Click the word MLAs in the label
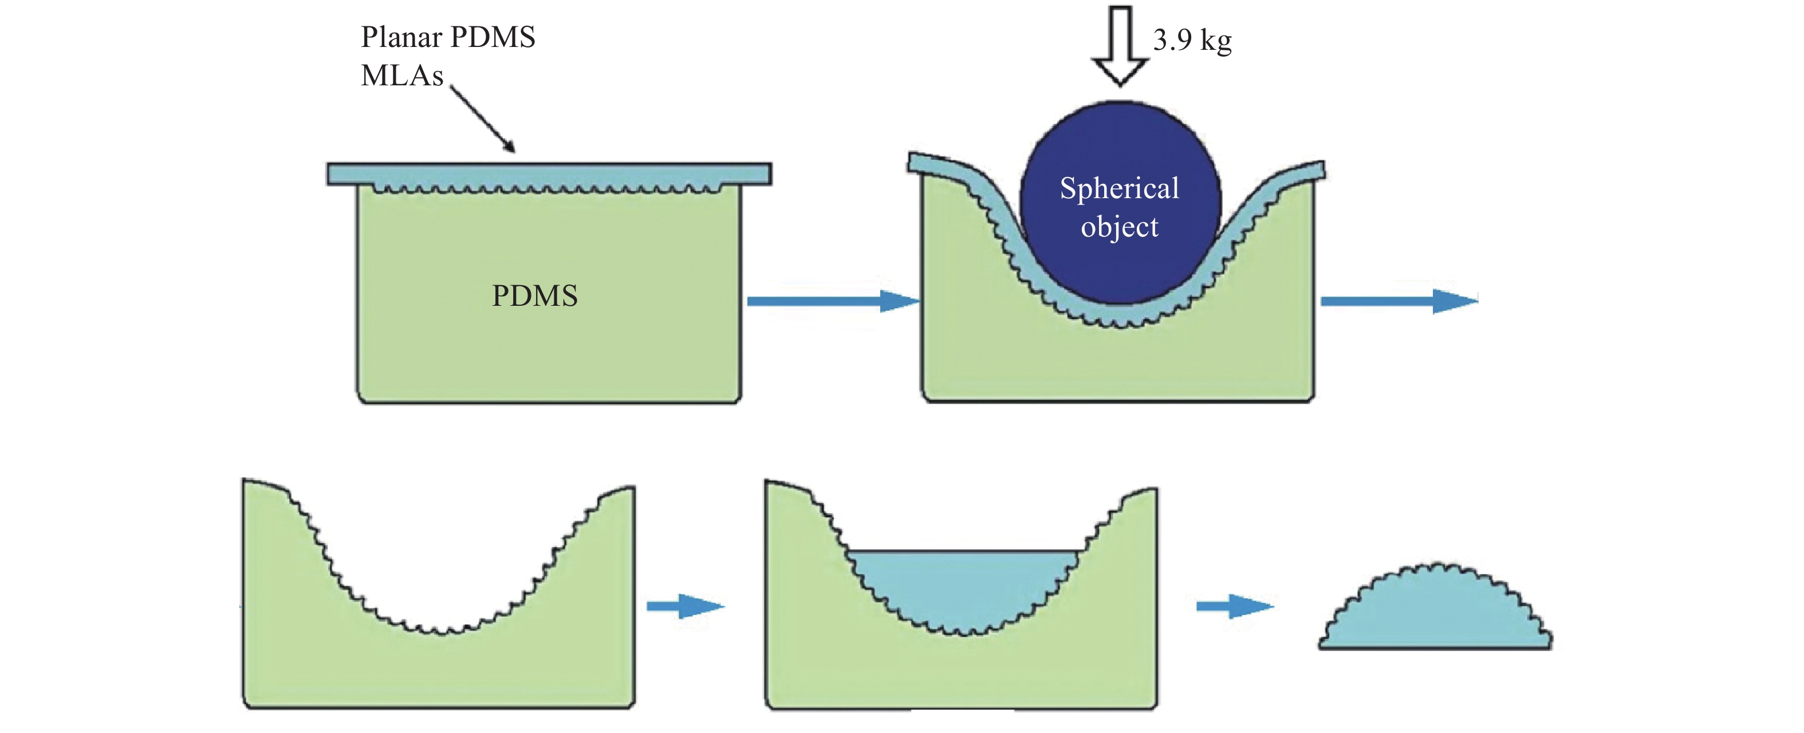pos(402,76)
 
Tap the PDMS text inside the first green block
pos(535,295)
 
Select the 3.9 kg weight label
pos(1192,41)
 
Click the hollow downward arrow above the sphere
pos(1121,45)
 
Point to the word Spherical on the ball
pos(1119,188)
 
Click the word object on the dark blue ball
pos(1119,227)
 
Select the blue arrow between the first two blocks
pos(833,301)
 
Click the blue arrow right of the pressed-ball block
pos(1399,301)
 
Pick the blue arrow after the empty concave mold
pos(685,606)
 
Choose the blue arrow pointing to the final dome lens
pos(1235,606)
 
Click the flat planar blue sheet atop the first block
pos(549,174)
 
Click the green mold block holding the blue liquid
pos(961,672)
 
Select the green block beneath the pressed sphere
pos(1118,364)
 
